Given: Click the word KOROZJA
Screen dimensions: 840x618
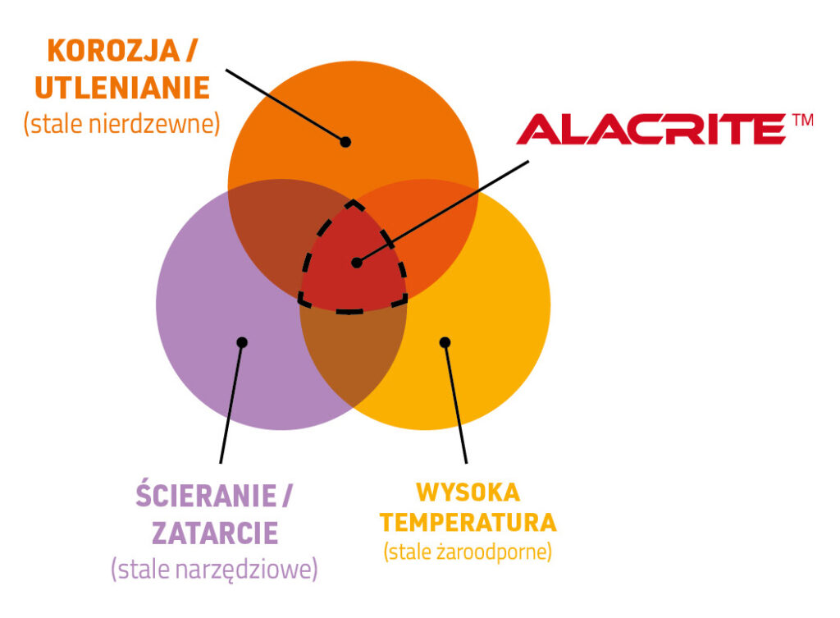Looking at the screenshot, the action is pyautogui.click(x=113, y=51).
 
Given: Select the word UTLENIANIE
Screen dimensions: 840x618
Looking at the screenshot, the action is pyautogui.click(x=122, y=88).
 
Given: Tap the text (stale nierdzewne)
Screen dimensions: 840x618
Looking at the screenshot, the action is pyautogui.click(x=122, y=124).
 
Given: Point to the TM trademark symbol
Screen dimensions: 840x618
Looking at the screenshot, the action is pyautogui.click(x=802, y=120).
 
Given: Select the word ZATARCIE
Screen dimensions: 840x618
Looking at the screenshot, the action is pyautogui.click(x=216, y=533).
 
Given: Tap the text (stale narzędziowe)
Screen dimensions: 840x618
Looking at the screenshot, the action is pyautogui.click(x=214, y=570).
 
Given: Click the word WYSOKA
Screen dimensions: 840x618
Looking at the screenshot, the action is pyautogui.click(x=468, y=492).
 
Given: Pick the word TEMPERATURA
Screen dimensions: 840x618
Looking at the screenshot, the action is pyautogui.click(x=468, y=523).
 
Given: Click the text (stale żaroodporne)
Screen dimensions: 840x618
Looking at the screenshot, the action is pyautogui.click(x=468, y=552).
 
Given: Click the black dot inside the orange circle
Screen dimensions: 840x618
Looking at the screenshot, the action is pyautogui.click(x=345, y=142).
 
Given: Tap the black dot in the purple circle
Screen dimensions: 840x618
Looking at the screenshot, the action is pyautogui.click(x=242, y=342).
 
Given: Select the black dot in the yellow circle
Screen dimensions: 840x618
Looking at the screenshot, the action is pyautogui.click(x=445, y=342).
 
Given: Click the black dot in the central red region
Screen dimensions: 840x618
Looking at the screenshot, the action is pyautogui.click(x=357, y=263).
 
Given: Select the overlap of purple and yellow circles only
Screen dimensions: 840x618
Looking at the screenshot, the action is pyautogui.click(x=353, y=354).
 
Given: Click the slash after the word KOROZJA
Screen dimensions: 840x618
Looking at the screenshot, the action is pyautogui.click(x=191, y=51).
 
